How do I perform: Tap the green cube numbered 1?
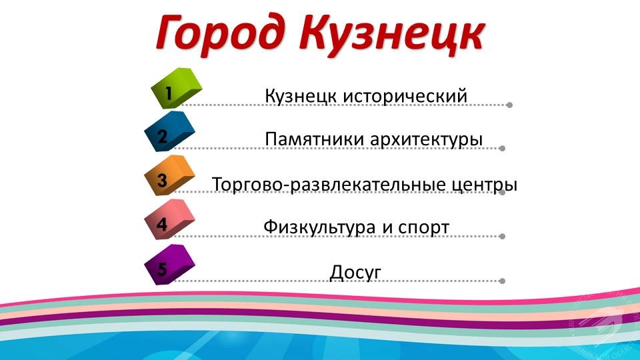[176, 88]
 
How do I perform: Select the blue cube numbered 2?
[170, 131]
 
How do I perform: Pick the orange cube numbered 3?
[170, 175]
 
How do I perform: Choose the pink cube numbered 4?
[170, 219]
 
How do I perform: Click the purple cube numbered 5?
[170, 265]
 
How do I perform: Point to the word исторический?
[405, 96]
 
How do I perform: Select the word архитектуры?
[427, 140]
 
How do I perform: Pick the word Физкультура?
[319, 227]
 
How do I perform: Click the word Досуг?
[355, 273]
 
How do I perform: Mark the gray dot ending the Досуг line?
[503, 281]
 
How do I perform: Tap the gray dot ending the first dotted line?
[509, 105]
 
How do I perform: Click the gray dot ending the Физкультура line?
[503, 236]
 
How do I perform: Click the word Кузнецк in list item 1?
[301, 96]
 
